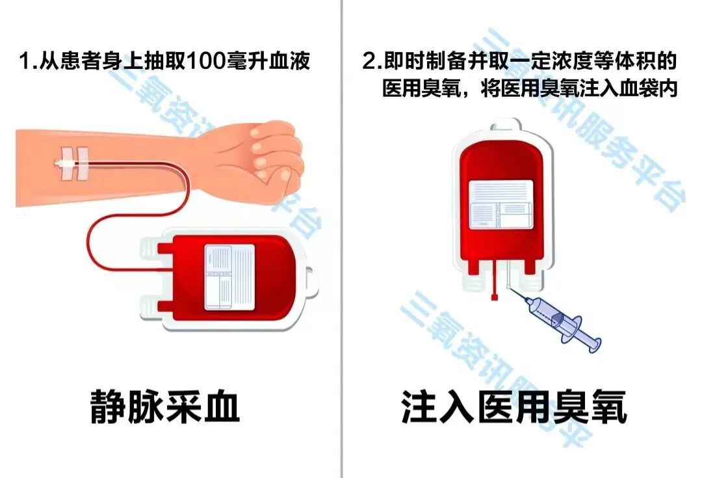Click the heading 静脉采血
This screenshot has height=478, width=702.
pyautogui.click(x=165, y=408)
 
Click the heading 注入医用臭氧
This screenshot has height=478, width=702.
pyautogui.click(x=513, y=408)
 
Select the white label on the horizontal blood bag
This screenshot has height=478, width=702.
pyautogui.click(x=227, y=277)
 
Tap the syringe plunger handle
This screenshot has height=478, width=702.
pyautogui.click(x=590, y=341)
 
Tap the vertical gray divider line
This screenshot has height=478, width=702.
pyautogui.click(x=341, y=260)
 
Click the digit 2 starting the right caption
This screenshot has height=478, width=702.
pyautogui.click(x=369, y=63)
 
